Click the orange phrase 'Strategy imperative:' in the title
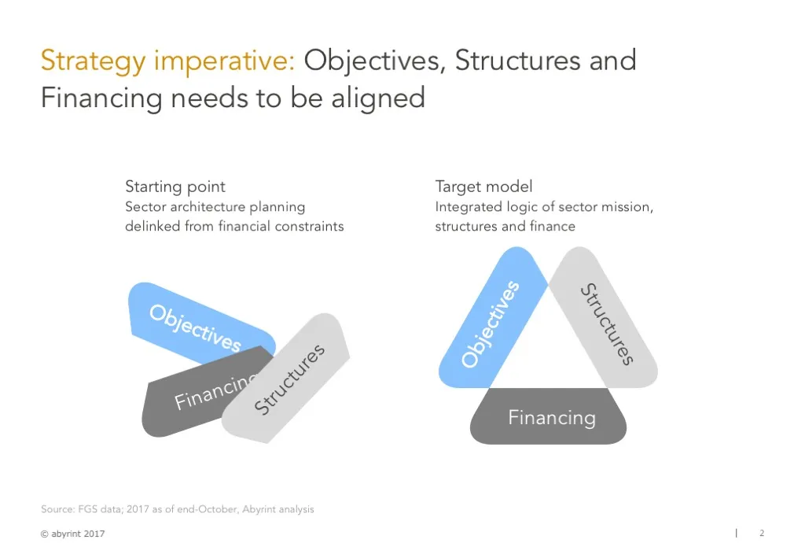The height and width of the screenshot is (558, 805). pyautogui.click(x=167, y=61)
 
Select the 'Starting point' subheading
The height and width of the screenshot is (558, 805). pyautogui.click(x=175, y=187)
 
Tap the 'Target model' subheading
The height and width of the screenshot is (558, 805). pyautogui.click(x=483, y=187)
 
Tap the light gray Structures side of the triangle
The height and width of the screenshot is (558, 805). pyautogui.click(x=606, y=323)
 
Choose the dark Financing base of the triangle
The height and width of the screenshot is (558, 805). pyautogui.click(x=550, y=417)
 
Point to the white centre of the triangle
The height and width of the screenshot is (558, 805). pyautogui.click(x=548, y=346)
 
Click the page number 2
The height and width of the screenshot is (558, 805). pyautogui.click(x=761, y=534)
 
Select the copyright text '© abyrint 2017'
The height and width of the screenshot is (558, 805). pyautogui.click(x=72, y=534)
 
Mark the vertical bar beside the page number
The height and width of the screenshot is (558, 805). pyautogui.click(x=736, y=533)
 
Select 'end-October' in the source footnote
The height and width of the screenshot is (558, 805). pyautogui.click(x=211, y=509)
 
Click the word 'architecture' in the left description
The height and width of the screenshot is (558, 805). pyautogui.click(x=200, y=207)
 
